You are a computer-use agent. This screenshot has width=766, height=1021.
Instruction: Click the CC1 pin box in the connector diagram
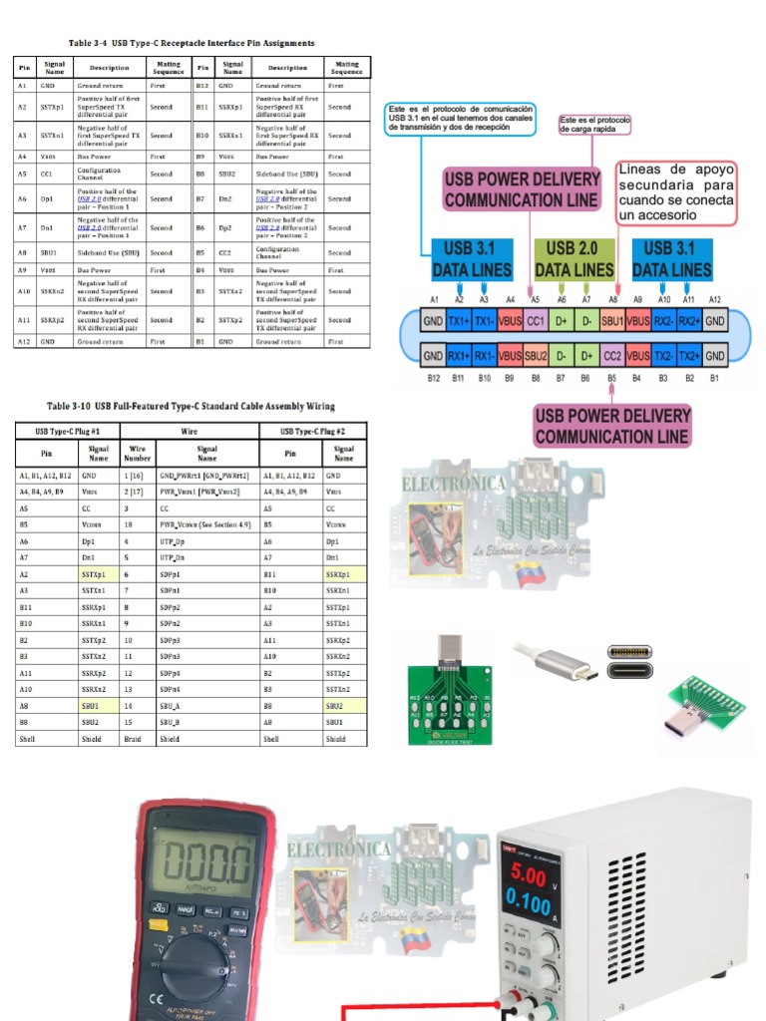coord(536,323)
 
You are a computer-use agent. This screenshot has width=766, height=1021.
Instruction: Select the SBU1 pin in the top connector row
coord(611,323)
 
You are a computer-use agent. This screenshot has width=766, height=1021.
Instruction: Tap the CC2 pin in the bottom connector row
coord(611,355)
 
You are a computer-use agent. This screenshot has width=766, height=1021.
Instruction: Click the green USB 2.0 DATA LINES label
coord(574,258)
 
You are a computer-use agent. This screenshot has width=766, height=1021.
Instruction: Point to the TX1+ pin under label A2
coord(459,323)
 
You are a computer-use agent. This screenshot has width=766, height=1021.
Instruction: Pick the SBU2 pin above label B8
coord(536,355)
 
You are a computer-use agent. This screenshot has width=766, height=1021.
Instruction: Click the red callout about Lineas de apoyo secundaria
coord(676,192)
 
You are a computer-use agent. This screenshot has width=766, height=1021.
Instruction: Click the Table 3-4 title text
coord(191,44)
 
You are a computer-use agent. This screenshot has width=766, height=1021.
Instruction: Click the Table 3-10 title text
coord(191,407)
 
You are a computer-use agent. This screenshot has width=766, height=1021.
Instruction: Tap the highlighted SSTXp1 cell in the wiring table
coord(95,575)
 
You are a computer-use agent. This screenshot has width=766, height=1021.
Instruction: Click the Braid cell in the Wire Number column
coord(136,739)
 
